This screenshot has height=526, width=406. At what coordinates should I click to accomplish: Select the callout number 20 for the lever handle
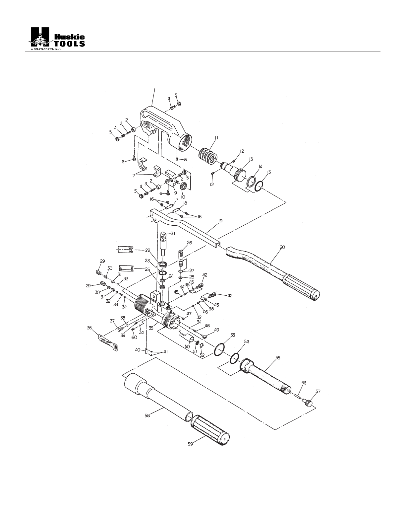coord(282,247)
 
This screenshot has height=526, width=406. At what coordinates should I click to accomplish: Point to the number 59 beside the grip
coord(191,444)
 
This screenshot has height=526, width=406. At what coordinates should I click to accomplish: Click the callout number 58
coord(147,415)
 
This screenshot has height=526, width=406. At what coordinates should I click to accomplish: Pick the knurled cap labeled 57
coord(308,403)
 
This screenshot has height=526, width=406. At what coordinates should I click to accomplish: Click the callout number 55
coord(278,357)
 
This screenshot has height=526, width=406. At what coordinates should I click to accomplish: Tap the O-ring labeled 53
coord(220,349)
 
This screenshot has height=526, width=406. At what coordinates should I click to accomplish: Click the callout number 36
coord(89,328)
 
